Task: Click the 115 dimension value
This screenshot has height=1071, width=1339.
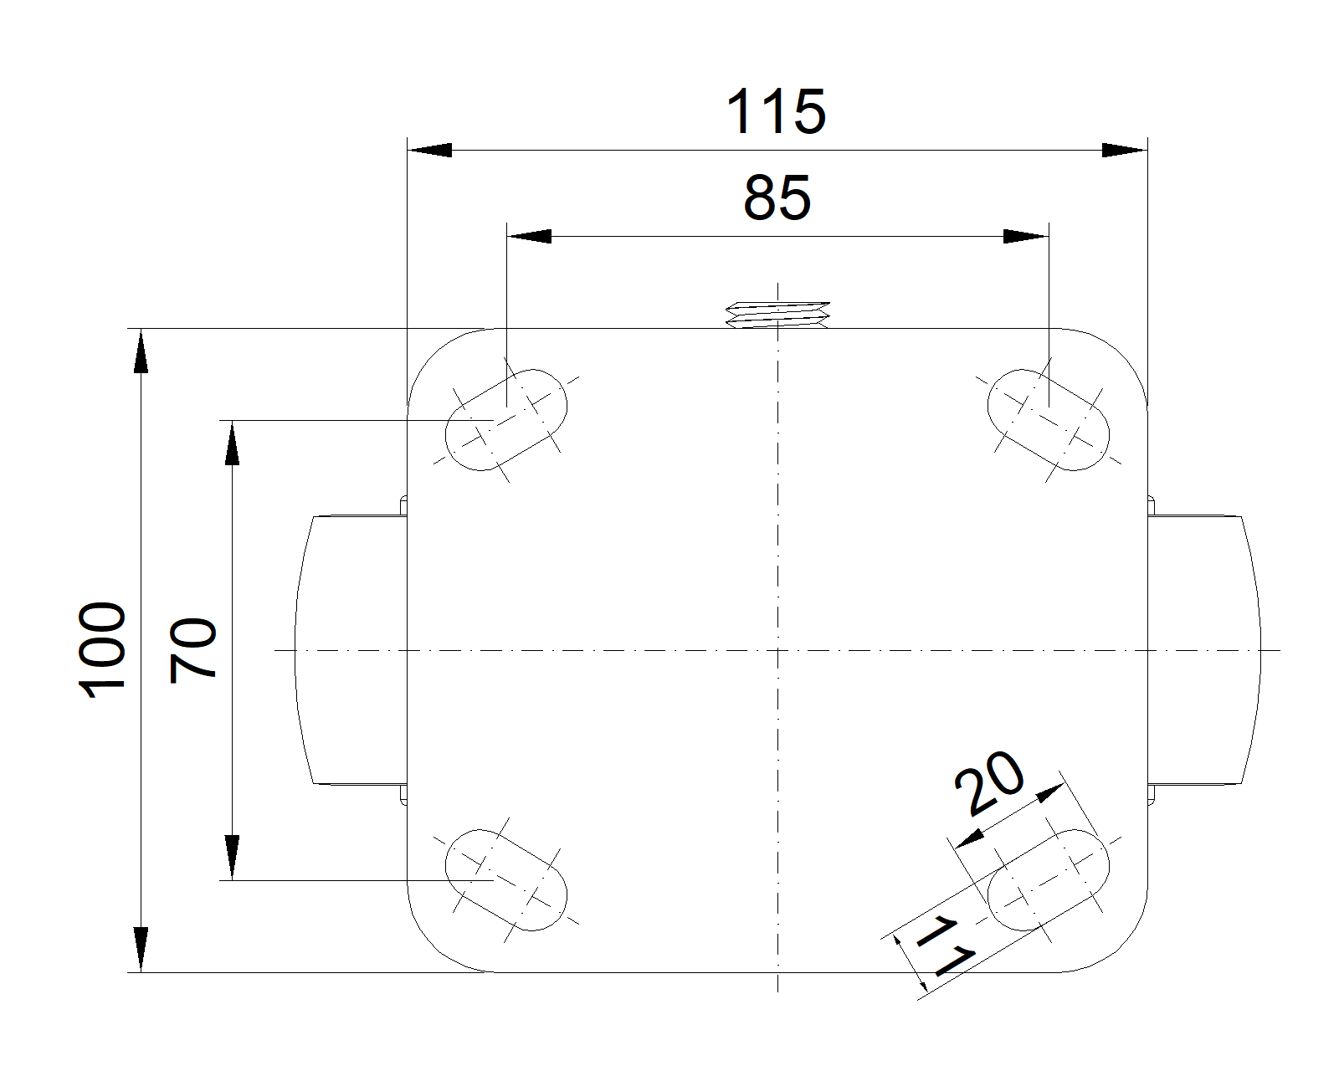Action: (776, 111)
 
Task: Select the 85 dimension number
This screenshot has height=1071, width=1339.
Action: (777, 198)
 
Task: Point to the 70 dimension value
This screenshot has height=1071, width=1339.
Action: (193, 650)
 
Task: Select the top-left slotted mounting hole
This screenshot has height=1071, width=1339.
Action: (507, 418)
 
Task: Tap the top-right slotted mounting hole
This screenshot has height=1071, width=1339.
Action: (1048, 418)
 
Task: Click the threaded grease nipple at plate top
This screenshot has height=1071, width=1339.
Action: (777, 313)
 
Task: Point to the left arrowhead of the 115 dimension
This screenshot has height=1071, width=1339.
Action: (428, 151)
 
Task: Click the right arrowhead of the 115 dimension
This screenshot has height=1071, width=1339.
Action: (1124, 151)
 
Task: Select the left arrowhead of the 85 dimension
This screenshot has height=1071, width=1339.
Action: (530, 237)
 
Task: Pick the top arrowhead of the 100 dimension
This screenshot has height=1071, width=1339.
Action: (141, 351)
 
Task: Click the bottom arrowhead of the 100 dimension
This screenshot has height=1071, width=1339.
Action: (141, 949)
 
